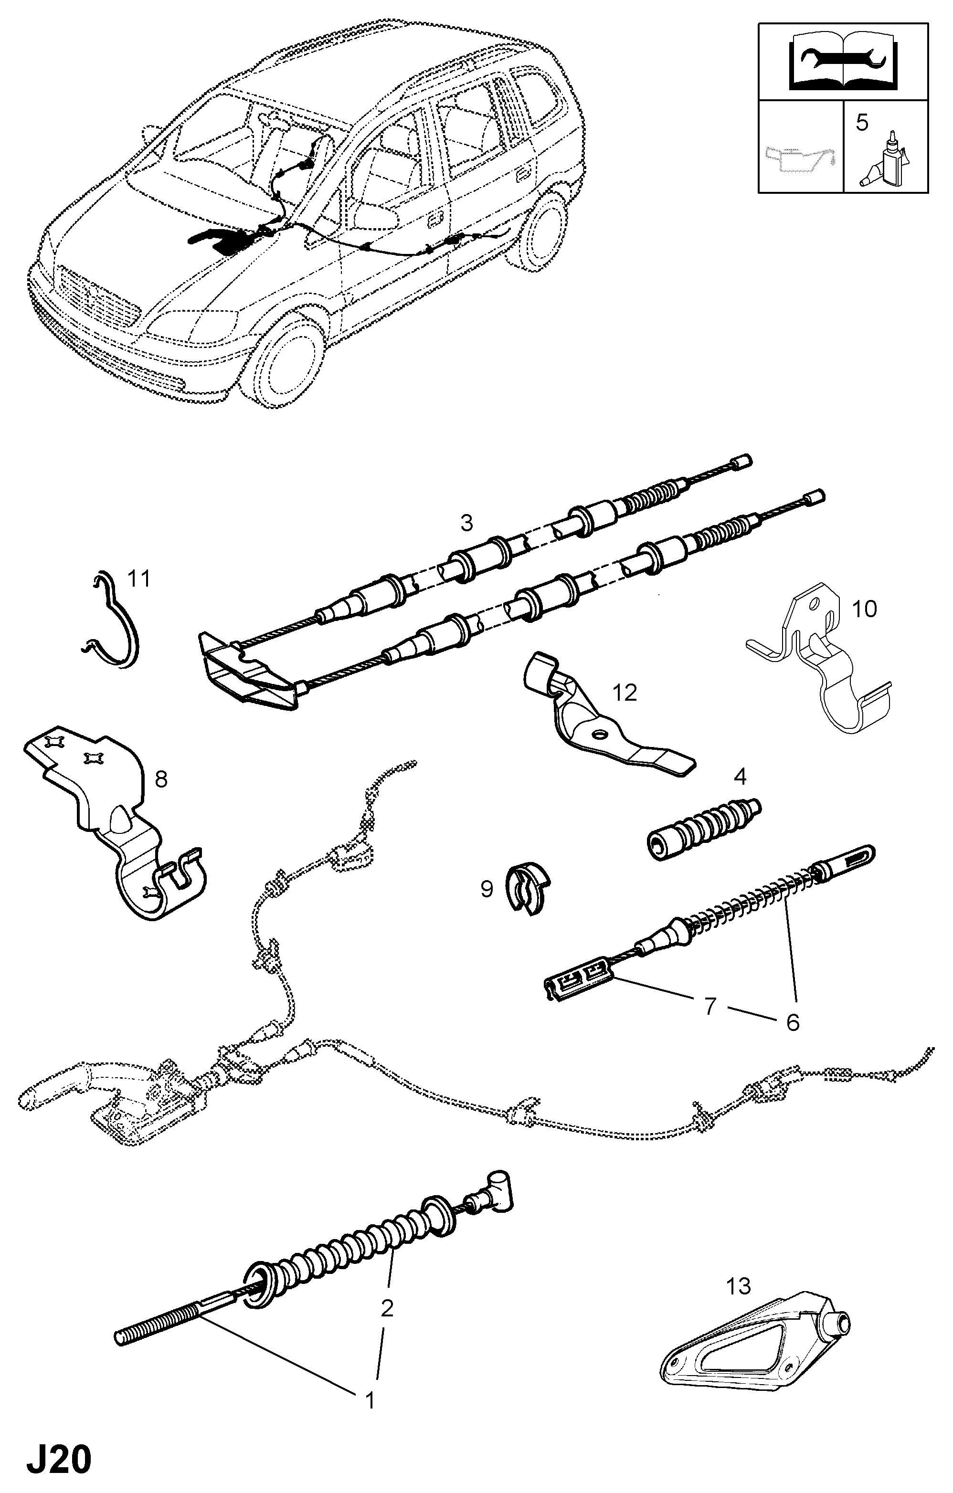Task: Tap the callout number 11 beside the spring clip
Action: pyautogui.click(x=139, y=579)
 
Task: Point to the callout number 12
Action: pyautogui.click(x=625, y=693)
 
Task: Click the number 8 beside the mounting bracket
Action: pyautogui.click(x=161, y=779)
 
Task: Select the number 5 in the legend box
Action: pyautogui.click(x=862, y=122)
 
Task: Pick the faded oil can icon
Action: pyautogui.click(x=800, y=162)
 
